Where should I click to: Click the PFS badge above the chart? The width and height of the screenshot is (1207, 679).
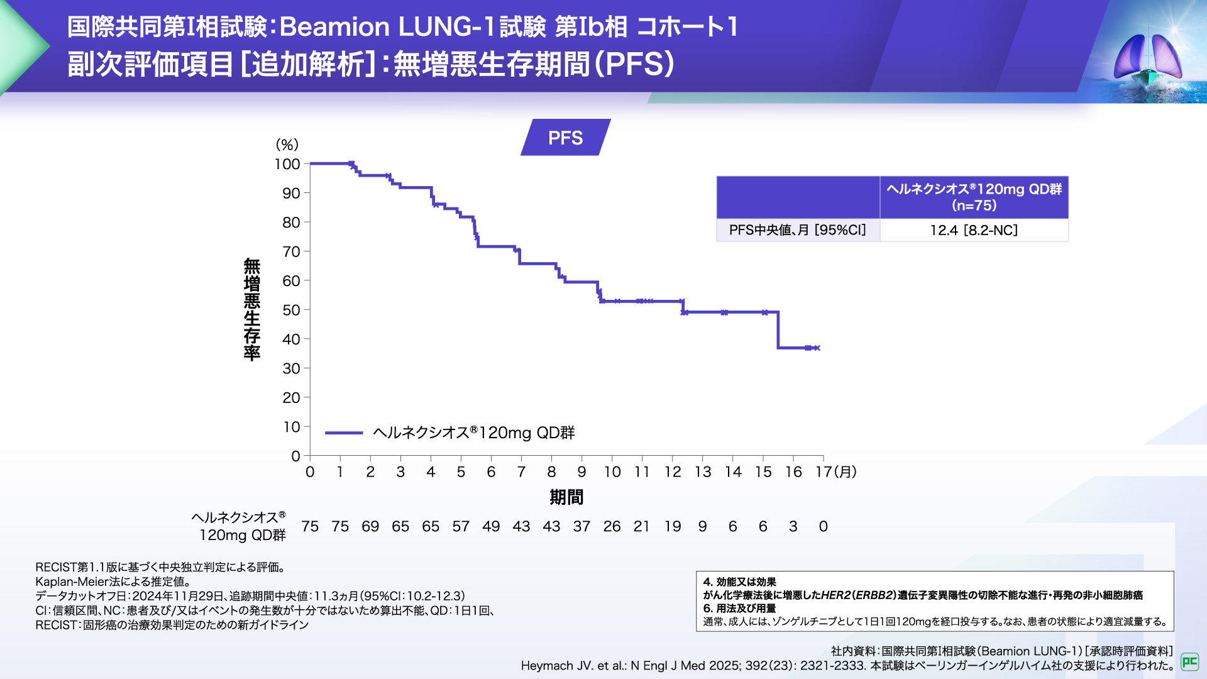(565, 138)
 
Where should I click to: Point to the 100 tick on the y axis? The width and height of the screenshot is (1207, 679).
(287, 164)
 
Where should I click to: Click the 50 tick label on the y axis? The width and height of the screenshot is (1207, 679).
(291, 310)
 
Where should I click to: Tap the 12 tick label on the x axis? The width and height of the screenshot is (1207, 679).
(673, 472)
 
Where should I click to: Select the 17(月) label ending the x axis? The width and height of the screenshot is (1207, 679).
(835, 472)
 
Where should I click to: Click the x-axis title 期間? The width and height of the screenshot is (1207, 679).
(566, 497)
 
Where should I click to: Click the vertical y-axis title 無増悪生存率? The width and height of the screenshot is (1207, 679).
(252, 309)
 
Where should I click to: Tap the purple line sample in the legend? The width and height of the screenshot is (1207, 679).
(344, 433)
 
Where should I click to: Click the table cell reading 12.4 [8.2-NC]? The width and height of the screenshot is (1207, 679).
(974, 230)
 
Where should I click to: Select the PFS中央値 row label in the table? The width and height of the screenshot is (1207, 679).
(797, 230)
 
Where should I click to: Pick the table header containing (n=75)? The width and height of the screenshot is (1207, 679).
(974, 197)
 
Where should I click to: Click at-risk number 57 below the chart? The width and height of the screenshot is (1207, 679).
(461, 526)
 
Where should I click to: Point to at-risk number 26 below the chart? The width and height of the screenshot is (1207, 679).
(612, 526)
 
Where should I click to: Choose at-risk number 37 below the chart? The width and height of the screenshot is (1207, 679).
(581, 526)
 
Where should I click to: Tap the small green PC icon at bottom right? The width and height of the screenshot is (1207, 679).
(1189, 661)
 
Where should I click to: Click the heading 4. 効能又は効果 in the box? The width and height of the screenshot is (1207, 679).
(739, 582)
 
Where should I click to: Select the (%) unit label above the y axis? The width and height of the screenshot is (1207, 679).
(287, 145)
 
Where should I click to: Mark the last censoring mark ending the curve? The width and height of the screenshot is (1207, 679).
(817, 348)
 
